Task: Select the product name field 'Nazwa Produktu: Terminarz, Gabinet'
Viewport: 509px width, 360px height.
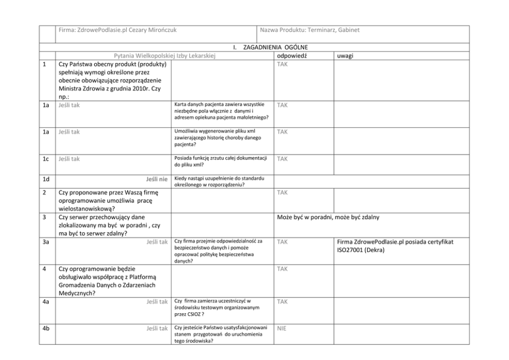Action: (x=310, y=30)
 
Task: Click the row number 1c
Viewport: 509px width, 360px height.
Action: (x=46, y=159)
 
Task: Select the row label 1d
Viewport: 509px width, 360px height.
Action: (x=46, y=179)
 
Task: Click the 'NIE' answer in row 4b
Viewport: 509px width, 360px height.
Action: (x=282, y=328)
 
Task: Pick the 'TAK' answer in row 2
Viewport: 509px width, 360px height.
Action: (x=282, y=193)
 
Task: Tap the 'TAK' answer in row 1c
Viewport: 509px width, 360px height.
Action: (x=282, y=159)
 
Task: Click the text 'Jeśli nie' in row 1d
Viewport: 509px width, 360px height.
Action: (x=157, y=179)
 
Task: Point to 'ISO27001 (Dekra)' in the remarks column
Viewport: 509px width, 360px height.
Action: (x=361, y=250)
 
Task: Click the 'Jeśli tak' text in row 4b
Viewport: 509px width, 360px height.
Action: (x=157, y=328)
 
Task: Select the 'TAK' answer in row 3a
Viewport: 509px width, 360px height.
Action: (x=282, y=241)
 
